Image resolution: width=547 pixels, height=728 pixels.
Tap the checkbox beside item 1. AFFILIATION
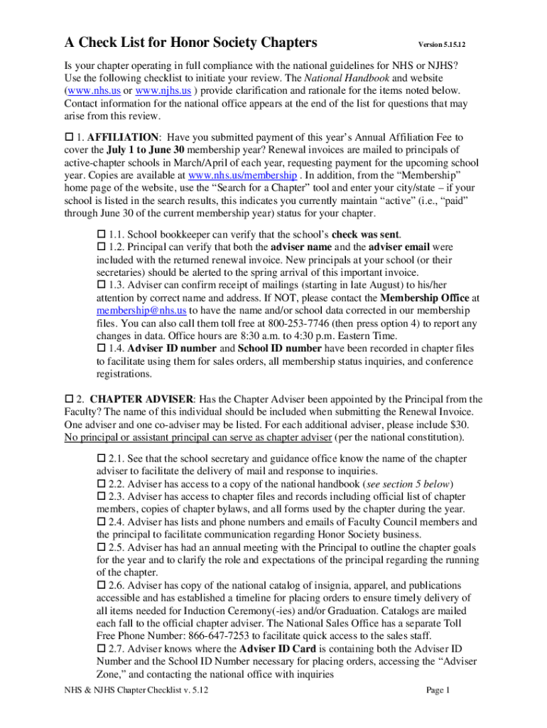(x=68, y=136)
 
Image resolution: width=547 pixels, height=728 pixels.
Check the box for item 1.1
(x=100, y=234)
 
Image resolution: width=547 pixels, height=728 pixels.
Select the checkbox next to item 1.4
(x=100, y=348)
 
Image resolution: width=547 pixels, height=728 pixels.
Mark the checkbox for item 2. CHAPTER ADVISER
(x=68, y=399)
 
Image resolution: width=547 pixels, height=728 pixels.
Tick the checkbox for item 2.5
(x=100, y=548)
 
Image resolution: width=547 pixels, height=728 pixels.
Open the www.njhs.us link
(x=163, y=91)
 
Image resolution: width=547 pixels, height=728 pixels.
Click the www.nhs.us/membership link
(x=243, y=175)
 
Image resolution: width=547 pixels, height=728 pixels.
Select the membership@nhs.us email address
(x=141, y=311)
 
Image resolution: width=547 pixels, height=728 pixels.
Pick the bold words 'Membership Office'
(x=425, y=298)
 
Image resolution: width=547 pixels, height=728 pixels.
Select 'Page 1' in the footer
(x=438, y=690)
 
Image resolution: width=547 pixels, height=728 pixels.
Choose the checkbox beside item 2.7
(x=100, y=650)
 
